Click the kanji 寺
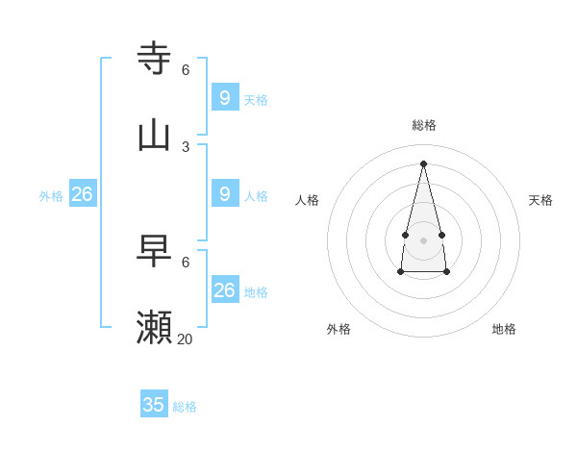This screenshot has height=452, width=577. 155,58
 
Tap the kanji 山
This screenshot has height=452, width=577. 155,135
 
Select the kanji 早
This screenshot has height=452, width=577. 155,251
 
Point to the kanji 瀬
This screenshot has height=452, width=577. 155,328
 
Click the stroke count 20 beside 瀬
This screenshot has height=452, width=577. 185,339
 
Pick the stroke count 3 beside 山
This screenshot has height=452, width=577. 186,146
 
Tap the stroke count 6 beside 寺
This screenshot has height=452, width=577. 186,69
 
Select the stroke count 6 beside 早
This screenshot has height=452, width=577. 186,262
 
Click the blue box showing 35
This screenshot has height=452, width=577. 154,404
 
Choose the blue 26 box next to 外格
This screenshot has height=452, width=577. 82,194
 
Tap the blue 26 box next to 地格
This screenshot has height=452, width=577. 224,289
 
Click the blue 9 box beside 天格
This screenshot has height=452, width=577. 224,97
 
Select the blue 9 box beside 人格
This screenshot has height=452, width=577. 224,193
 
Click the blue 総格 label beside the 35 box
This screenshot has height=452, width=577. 185,407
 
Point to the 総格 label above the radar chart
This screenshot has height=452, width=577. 424,125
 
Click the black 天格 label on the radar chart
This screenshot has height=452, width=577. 540,200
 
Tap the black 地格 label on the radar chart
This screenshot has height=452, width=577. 504,329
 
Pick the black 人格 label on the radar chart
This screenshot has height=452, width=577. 307,200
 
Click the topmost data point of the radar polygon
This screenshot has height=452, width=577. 423,163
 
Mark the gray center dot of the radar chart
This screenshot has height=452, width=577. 423,239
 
